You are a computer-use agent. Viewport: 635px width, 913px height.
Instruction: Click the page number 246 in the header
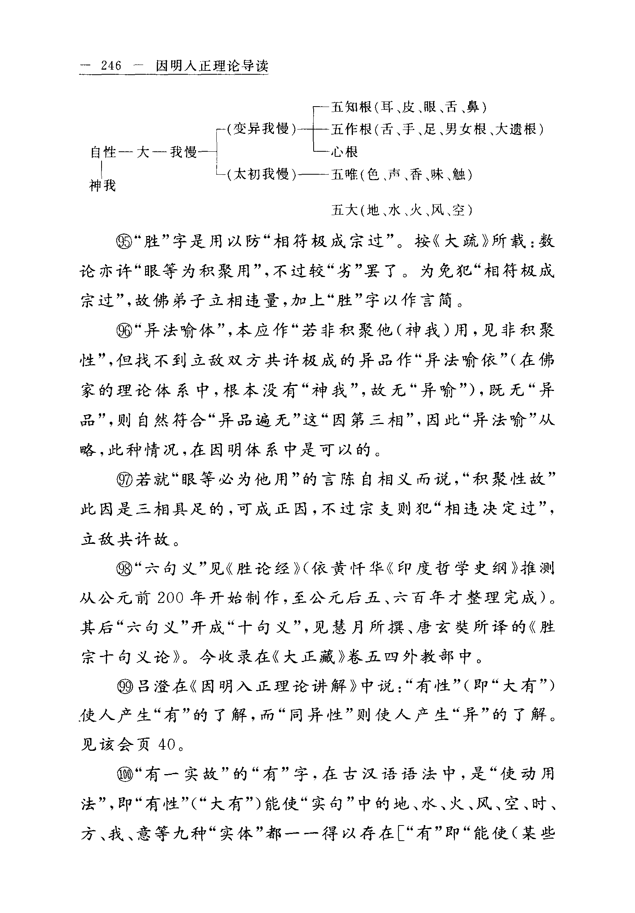click(111, 65)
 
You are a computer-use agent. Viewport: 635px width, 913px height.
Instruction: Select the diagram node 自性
click(104, 152)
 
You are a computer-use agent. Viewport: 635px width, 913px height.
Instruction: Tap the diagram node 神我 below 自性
click(103, 185)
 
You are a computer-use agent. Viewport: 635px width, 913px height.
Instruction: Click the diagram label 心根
click(345, 152)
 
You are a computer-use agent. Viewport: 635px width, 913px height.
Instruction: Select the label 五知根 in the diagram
click(351, 107)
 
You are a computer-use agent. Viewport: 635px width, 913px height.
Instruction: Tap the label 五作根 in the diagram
click(351, 129)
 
